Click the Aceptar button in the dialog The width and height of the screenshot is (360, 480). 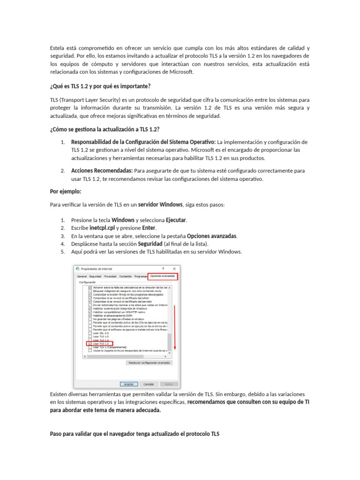pyautogui.click(x=129, y=384)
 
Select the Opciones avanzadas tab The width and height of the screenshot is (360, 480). pyautogui.click(x=163, y=277)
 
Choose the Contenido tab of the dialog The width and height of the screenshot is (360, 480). pyautogui.click(x=125, y=277)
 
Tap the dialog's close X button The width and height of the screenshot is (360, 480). pyautogui.click(x=174, y=269)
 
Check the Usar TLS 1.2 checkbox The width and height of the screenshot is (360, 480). pyautogui.click(x=90, y=344)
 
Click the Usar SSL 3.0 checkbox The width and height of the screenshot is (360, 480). pyautogui.click(x=90, y=333)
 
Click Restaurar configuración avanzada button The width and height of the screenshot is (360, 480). pyautogui.click(x=150, y=362)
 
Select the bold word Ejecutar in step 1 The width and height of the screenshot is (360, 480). pyautogui.click(x=176, y=220)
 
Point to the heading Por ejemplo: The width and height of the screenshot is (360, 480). pyautogui.click(x=66, y=191)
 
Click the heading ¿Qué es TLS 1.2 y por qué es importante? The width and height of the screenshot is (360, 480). pyautogui.click(x=100, y=86)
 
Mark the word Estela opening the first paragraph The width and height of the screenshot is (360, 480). pyautogui.click(x=58, y=48)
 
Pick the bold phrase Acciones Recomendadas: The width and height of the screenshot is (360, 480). pyautogui.click(x=102, y=171)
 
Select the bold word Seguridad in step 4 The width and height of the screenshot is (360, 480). pyautogui.click(x=150, y=244)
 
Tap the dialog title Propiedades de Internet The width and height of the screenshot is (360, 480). pyautogui.click(x=97, y=269)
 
